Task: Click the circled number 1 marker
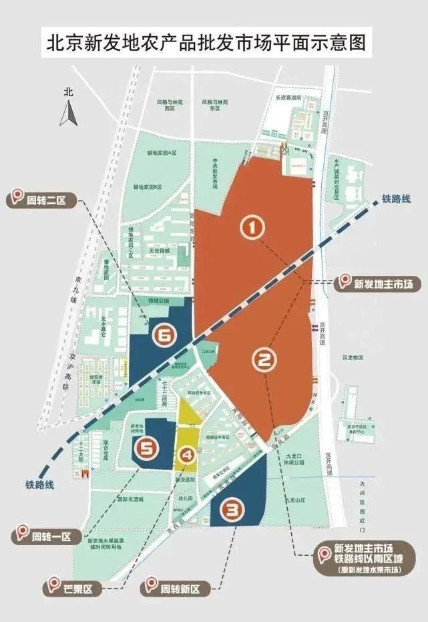click(x=252, y=228)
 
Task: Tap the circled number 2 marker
click(x=264, y=361)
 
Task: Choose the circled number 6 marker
click(x=164, y=336)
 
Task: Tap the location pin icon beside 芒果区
click(x=52, y=588)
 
